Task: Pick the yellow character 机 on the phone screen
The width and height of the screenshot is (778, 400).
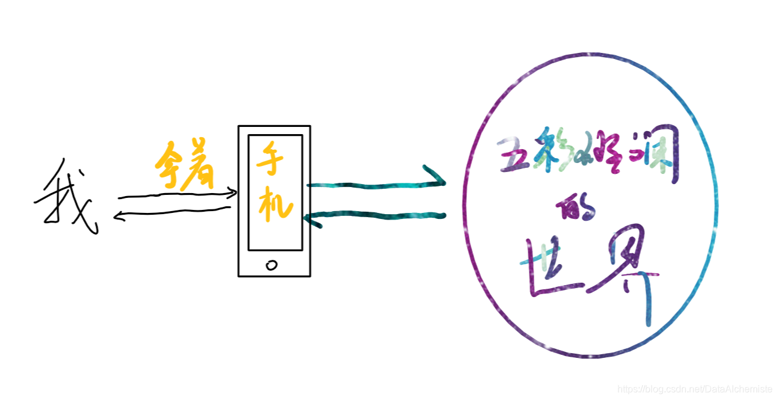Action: pos(275,205)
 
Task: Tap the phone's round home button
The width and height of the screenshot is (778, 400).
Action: pos(271,265)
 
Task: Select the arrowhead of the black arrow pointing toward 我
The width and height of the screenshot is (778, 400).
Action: pos(117,216)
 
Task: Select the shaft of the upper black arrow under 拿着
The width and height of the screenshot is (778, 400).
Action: pos(174,195)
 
